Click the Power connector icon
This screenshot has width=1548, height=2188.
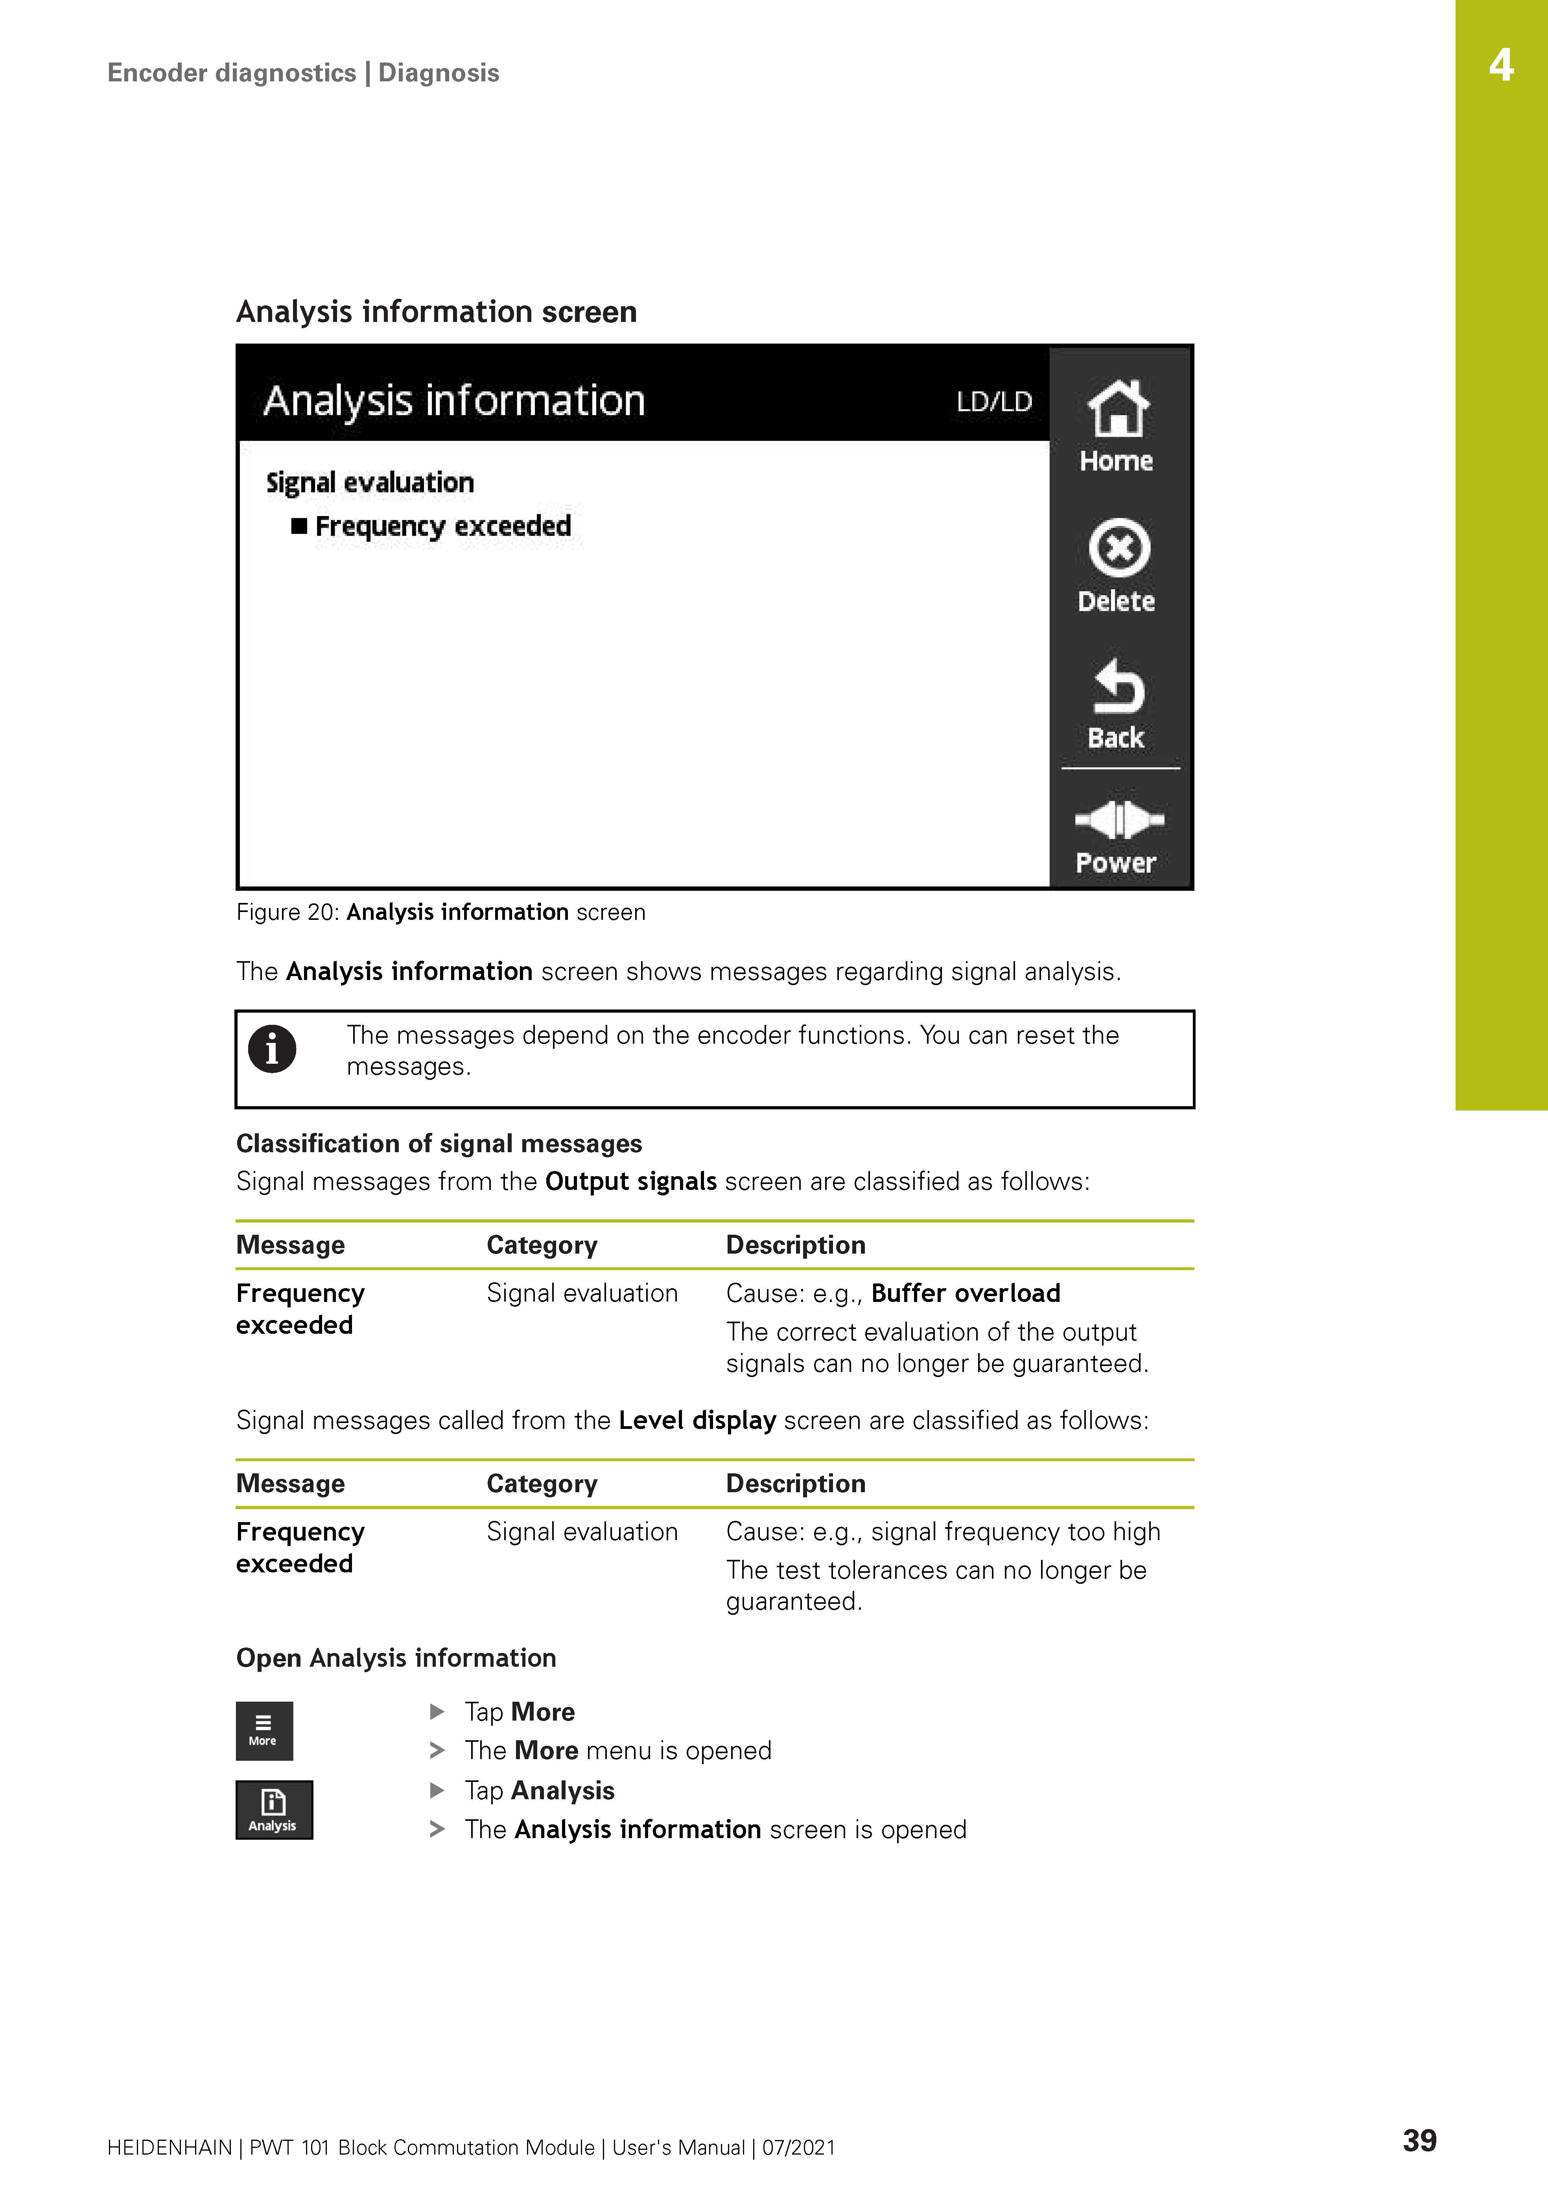coord(1118,820)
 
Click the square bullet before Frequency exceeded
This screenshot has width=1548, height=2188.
coord(299,526)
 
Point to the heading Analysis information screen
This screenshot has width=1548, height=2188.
coord(437,312)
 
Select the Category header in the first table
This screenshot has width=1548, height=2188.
coord(542,1245)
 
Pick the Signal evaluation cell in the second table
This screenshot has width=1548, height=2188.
coord(581,1532)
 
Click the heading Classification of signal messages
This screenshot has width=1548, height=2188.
coord(439,1144)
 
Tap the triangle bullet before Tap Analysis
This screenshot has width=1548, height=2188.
coord(437,1790)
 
